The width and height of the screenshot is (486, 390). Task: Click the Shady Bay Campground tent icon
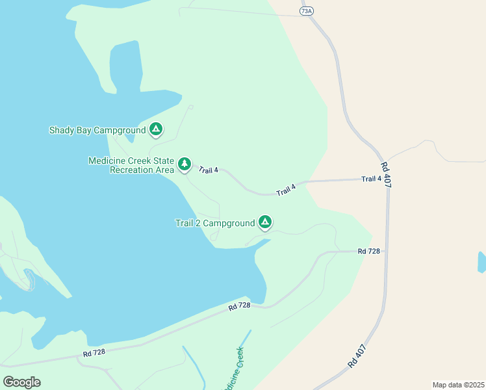pyautogui.click(x=156, y=130)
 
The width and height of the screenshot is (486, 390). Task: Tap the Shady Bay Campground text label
pyautogui.click(x=97, y=131)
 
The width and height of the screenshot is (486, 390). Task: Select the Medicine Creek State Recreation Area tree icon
pyautogui.click(x=185, y=164)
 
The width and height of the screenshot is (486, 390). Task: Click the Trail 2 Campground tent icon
pyautogui.click(x=265, y=223)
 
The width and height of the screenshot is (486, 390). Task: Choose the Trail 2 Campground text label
pyautogui.click(x=215, y=224)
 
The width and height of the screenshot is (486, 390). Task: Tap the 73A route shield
pyautogui.click(x=307, y=11)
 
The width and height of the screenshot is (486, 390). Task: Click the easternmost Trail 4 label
pyautogui.click(x=371, y=179)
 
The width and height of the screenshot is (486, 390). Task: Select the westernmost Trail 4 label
pyautogui.click(x=209, y=170)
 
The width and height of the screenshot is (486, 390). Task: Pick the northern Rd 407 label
pyautogui.click(x=386, y=174)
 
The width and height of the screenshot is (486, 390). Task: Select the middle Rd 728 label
pyautogui.click(x=240, y=305)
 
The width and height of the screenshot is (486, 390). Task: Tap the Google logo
pyautogui.click(x=21, y=382)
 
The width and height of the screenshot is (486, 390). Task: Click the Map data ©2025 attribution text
pyautogui.click(x=458, y=385)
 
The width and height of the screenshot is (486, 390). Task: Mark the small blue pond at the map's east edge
pyautogui.click(x=481, y=262)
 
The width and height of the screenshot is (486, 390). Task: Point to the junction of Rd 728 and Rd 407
pyautogui.click(x=388, y=250)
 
